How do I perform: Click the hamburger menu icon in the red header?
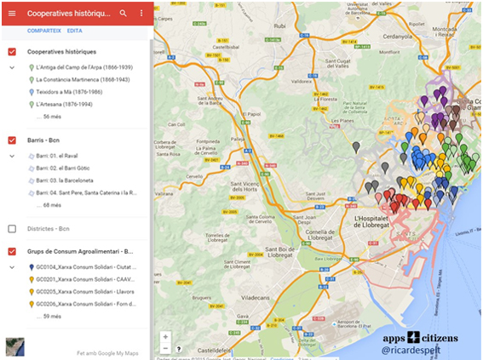click(x=12, y=14)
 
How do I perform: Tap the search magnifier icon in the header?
click(x=124, y=14)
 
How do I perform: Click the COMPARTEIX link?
click(x=44, y=31)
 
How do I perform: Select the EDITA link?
click(x=75, y=31)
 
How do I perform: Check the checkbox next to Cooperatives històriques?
click(x=12, y=52)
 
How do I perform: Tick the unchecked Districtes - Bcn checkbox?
click(x=12, y=229)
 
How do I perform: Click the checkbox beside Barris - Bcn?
click(x=12, y=140)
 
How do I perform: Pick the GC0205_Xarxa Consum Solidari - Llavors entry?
click(x=85, y=291)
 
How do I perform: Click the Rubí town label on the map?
click(x=278, y=26)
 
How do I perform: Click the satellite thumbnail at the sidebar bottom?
click(x=14, y=346)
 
